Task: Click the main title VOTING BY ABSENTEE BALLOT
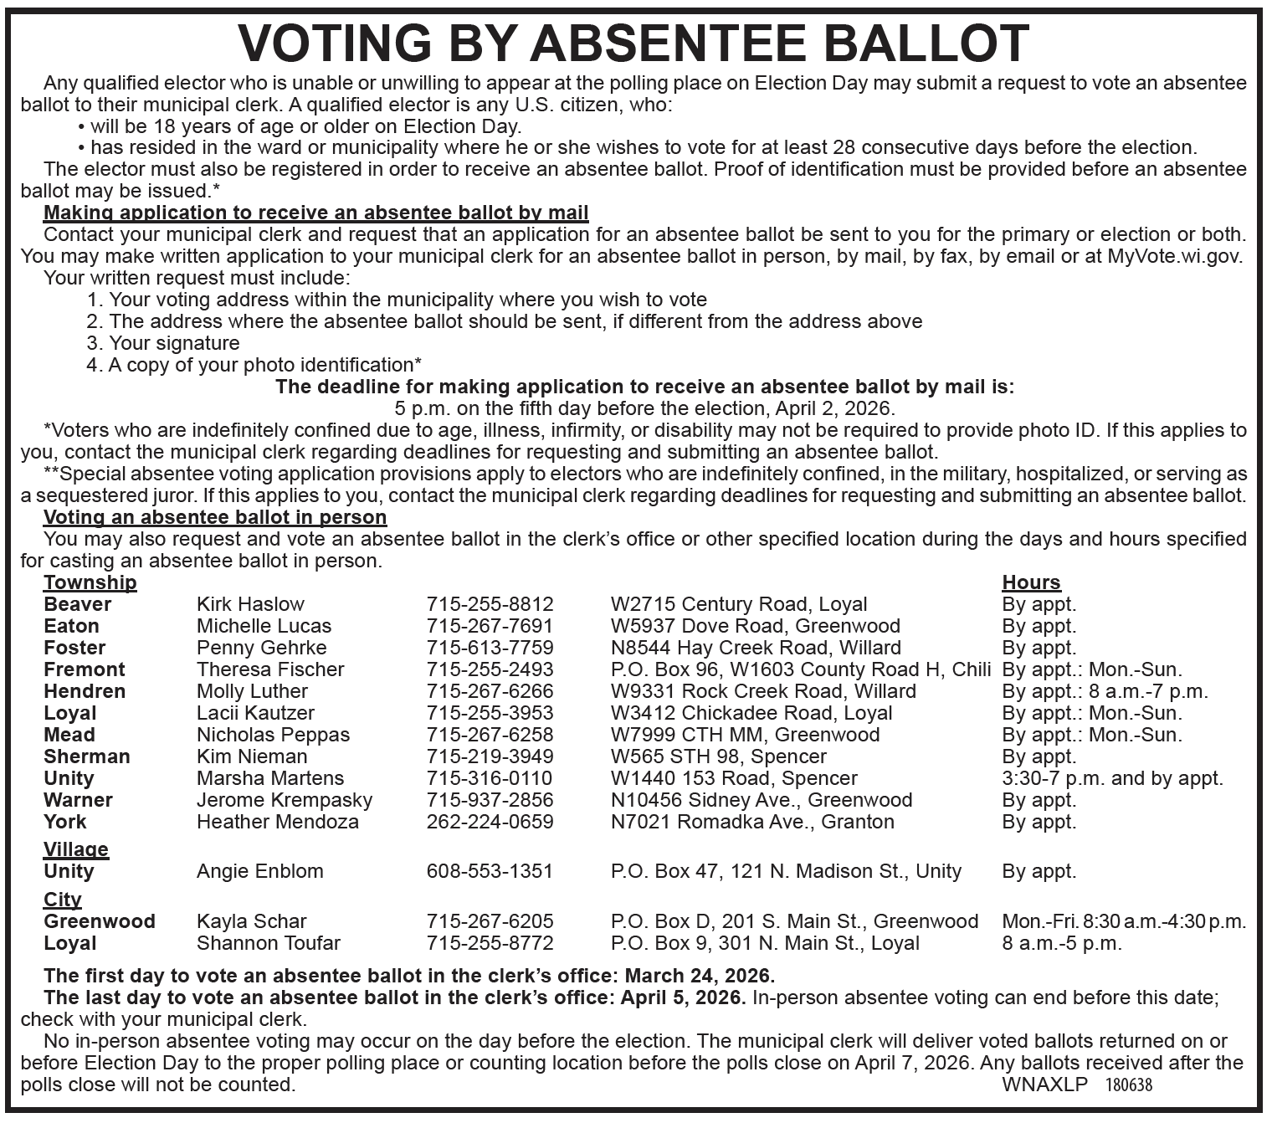click(633, 43)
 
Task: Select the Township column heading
click(90, 582)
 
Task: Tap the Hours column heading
click(1031, 582)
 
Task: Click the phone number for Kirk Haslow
click(490, 604)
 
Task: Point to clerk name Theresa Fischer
click(270, 669)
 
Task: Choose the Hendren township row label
click(85, 691)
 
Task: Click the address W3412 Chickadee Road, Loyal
click(751, 713)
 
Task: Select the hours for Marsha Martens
click(1112, 778)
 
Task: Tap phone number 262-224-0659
click(490, 822)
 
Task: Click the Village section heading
click(76, 849)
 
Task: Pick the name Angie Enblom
click(259, 871)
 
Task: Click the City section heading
click(63, 900)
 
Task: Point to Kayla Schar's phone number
click(490, 921)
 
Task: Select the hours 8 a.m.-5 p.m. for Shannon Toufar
click(1062, 943)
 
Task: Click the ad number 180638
click(1128, 1085)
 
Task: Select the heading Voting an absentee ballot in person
click(215, 517)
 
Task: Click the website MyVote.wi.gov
click(1175, 256)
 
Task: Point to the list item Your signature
click(174, 343)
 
